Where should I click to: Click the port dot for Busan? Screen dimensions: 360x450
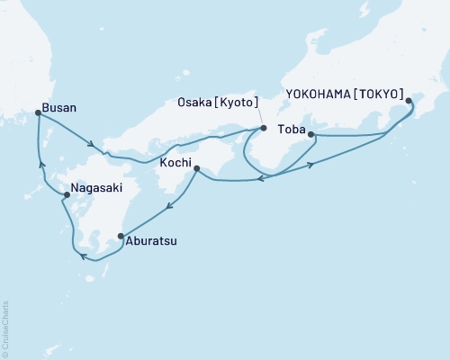37,112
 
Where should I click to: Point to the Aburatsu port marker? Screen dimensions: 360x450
121,237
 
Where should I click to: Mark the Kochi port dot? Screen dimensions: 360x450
195,168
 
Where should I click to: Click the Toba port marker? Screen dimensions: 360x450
310,135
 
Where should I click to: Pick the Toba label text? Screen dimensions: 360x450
292,129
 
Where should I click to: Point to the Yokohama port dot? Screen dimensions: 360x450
409,102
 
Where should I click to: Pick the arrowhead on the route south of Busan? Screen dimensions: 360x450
41,164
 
